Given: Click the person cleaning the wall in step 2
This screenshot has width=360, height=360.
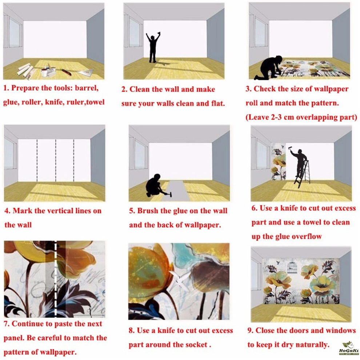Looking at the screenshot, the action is click(153, 48).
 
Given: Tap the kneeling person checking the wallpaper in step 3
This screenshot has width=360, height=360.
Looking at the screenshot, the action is click(269, 68).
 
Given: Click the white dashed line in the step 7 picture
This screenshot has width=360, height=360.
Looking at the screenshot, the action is click(55, 279).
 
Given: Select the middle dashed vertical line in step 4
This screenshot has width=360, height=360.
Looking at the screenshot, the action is click(56, 160).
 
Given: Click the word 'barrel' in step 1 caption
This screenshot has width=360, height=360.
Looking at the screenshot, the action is click(87, 88).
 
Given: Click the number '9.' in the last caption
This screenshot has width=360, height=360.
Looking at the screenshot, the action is click(251, 331).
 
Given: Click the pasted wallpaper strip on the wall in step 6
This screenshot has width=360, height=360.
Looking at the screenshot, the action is click(279, 161).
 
